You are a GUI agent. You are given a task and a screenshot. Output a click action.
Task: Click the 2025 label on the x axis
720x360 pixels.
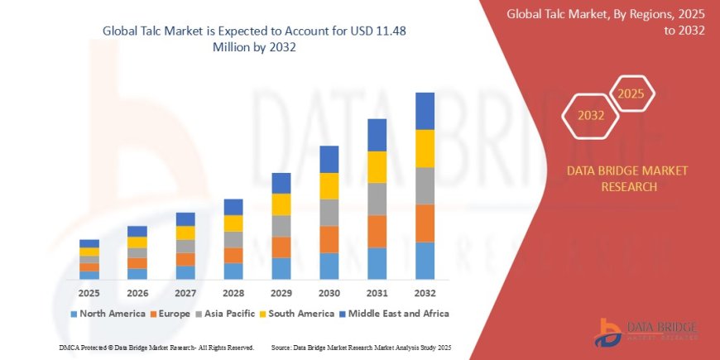(89, 293)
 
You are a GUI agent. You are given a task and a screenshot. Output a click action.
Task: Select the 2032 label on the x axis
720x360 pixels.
(425, 293)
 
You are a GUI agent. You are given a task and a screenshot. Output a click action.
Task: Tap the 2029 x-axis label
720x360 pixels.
(281, 293)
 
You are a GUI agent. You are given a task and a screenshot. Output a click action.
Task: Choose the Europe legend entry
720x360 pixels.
(174, 314)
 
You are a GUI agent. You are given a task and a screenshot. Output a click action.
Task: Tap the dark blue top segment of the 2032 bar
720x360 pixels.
(425, 111)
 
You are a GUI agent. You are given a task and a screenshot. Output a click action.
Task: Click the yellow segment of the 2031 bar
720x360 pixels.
(377, 167)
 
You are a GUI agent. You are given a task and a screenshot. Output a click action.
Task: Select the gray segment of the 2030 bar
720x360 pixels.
(329, 213)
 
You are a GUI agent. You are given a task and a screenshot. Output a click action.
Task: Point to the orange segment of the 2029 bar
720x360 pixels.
(281, 247)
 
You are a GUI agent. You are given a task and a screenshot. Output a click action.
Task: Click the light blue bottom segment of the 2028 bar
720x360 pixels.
(233, 271)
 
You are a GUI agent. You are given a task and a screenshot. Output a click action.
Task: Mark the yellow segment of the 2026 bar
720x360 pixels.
(137, 242)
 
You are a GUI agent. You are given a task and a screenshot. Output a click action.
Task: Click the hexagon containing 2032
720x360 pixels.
(589, 116)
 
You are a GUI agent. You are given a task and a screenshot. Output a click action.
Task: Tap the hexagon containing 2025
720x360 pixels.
(631, 93)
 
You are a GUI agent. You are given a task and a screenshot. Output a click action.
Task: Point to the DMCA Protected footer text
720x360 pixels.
(156, 347)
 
